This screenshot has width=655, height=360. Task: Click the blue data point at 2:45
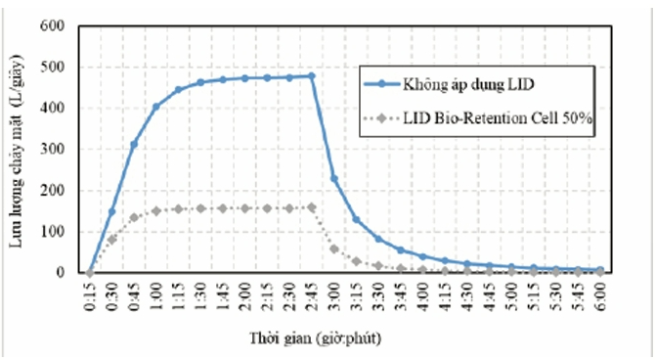311,76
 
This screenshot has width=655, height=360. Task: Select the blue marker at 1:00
155,107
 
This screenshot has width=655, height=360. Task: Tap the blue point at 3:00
333,179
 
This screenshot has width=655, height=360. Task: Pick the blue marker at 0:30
111,212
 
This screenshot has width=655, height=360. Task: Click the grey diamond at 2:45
311,207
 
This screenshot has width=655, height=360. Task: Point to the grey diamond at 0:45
134,217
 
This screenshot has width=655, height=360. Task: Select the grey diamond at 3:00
333,249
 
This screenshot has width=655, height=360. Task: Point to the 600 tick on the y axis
52,25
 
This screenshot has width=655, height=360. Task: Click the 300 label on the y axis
52,150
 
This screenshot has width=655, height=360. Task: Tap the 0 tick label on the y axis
61,272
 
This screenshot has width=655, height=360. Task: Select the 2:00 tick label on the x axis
244,296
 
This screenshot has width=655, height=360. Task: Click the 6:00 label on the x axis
600,296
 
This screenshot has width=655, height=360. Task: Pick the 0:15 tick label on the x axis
89,296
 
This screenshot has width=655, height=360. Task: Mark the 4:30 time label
466,296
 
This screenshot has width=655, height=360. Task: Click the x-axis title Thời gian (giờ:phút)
316,337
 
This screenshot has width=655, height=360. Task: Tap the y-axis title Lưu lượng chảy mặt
17,176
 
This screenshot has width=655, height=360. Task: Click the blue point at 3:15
356,219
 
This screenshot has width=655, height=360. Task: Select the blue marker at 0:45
134,145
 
